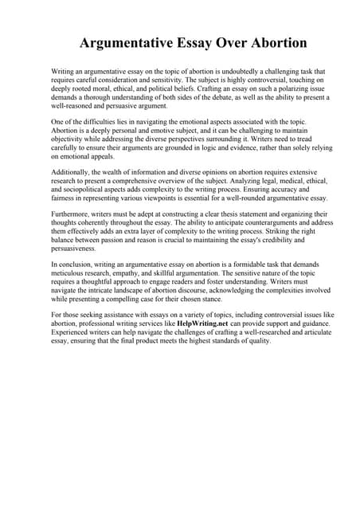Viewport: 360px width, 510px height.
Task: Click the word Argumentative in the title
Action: pos(125,42)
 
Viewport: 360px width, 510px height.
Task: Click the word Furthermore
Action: pos(72,214)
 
